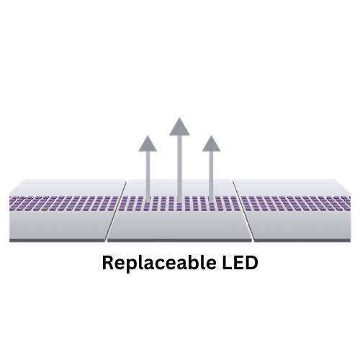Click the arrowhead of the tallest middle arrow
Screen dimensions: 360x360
click(179, 127)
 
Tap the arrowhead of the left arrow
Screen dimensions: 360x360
click(148, 144)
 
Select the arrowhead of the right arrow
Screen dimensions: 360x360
click(211, 144)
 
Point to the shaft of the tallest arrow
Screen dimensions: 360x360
click(179, 169)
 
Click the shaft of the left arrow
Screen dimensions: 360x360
click(148, 176)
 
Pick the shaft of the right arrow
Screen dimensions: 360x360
click(211, 176)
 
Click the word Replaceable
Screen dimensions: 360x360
click(159, 263)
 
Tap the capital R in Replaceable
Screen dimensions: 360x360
click(108, 263)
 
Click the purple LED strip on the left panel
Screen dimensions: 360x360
click(63, 204)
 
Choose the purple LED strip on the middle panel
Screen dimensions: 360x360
click(179, 204)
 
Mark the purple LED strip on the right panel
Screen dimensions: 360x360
click(296, 204)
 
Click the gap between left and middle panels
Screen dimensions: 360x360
click(116, 211)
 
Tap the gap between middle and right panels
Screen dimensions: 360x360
click(243, 211)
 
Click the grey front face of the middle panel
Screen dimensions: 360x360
click(179, 225)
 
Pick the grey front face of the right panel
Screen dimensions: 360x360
click(300, 225)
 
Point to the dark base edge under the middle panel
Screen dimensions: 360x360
click(179, 240)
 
